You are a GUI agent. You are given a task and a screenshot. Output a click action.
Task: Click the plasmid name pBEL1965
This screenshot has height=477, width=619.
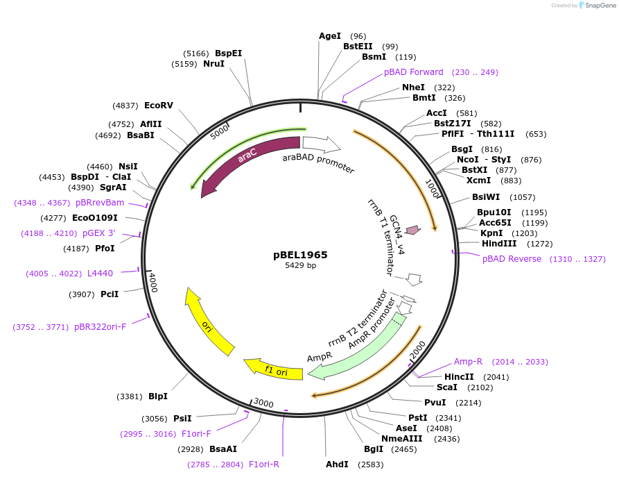[x=300, y=255]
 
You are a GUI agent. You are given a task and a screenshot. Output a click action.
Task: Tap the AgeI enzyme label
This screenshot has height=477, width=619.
[x=330, y=36]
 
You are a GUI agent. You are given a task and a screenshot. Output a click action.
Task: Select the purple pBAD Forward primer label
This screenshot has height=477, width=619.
[x=414, y=72]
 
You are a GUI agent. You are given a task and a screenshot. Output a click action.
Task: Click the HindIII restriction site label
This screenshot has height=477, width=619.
[x=498, y=244]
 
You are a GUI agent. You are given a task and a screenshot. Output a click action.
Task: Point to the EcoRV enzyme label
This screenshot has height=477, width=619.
[x=158, y=106]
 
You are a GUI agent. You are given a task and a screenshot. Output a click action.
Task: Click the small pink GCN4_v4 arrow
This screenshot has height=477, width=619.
[x=413, y=230]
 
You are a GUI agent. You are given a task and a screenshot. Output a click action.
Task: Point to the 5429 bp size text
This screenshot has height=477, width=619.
[x=300, y=266]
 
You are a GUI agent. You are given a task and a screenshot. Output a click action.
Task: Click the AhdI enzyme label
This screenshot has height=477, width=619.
[x=337, y=464]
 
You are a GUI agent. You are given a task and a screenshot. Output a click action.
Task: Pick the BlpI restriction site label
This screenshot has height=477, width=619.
[x=158, y=396]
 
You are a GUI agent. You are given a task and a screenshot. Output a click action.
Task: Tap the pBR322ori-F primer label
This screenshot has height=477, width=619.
[x=101, y=326]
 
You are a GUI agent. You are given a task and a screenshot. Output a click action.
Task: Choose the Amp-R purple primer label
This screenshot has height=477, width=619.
[x=468, y=362]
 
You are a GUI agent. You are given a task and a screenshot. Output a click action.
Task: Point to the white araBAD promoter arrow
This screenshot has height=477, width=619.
[x=321, y=144]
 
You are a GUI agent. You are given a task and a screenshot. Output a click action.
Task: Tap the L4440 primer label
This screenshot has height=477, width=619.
[x=100, y=274]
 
